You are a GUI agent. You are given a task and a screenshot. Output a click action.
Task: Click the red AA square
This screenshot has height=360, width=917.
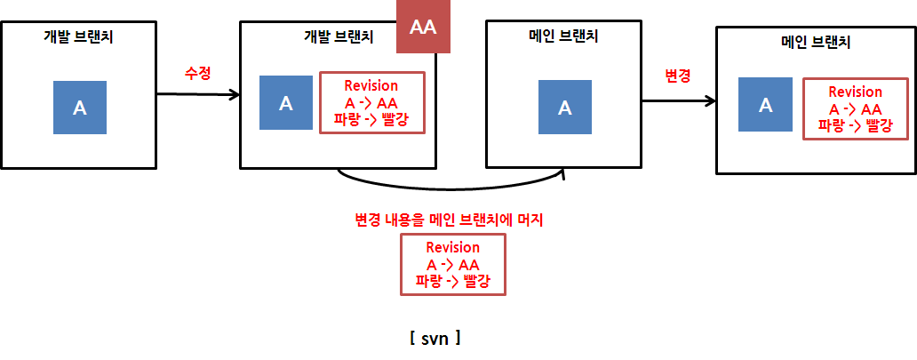pyautogui.click(x=424, y=27)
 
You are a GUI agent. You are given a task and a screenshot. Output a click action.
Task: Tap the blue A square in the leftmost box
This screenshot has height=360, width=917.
pyautogui.click(x=79, y=108)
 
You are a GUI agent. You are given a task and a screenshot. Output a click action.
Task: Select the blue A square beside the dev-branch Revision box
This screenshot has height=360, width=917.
pyautogui.click(x=286, y=102)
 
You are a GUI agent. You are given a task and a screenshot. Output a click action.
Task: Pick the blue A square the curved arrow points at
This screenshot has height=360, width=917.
pyautogui.click(x=564, y=108)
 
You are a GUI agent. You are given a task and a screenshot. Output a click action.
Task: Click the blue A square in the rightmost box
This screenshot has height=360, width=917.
pyautogui.click(x=766, y=105)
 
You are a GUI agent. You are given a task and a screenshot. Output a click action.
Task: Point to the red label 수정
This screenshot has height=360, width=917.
pyautogui.click(x=197, y=74)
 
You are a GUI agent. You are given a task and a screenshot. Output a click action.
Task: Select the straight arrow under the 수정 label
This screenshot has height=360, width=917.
pyautogui.click(x=199, y=93)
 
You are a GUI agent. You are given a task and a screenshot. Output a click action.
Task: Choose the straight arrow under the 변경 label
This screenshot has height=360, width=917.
pyautogui.click(x=679, y=100)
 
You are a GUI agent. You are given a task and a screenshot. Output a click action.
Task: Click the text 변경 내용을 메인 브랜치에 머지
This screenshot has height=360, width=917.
pyautogui.click(x=449, y=219)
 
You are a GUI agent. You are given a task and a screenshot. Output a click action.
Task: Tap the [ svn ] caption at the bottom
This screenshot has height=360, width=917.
pyautogui.click(x=435, y=338)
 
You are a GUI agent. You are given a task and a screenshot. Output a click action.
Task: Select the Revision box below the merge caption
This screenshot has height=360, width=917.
pyautogui.click(x=453, y=265)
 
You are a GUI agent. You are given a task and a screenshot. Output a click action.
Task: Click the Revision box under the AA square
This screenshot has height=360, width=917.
pyautogui.click(x=372, y=102)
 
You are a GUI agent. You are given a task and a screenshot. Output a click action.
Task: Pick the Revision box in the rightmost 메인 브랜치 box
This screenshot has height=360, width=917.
pyautogui.click(x=855, y=109)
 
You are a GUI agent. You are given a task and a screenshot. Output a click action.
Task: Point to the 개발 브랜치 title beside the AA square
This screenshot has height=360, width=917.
pyautogui.click(x=338, y=36)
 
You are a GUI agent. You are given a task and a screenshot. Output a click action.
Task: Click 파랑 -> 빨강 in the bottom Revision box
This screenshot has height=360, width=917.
pyautogui.click(x=453, y=281)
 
